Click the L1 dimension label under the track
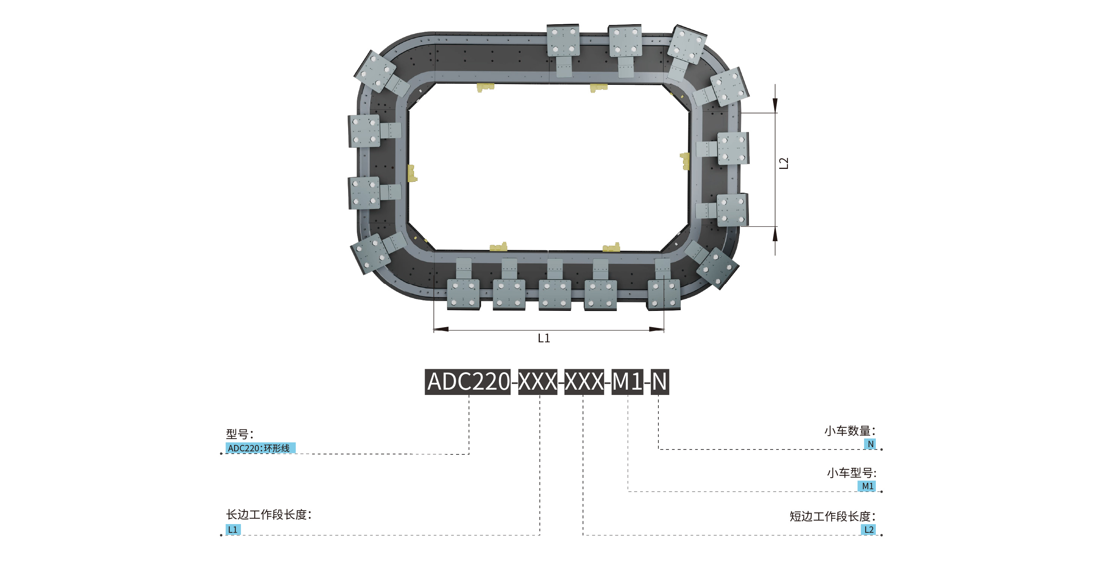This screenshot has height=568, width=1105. click(544, 338)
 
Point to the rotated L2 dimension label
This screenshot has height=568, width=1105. click(783, 163)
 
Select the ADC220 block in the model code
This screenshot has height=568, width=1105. click(467, 382)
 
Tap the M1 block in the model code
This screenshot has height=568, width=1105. click(627, 382)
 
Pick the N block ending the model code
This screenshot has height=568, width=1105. click(659, 382)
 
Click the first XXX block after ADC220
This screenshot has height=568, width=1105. click(538, 382)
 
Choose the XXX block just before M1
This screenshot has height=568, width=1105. click(584, 382)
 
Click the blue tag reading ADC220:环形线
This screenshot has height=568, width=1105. click(260, 448)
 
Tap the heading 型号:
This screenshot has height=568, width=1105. click(239, 434)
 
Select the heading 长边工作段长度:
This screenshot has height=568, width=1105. click(269, 514)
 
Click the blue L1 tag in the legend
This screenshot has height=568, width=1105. click(233, 529)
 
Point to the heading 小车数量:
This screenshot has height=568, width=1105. click(849, 431)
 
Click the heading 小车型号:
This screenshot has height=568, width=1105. click(851, 473)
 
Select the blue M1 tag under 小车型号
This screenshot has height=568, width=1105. click(867, 486)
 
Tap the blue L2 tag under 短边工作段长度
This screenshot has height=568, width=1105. click(869, 529)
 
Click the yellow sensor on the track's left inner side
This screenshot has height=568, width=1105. click(412, 173)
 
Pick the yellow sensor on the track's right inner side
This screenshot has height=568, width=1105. click(685, 161)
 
